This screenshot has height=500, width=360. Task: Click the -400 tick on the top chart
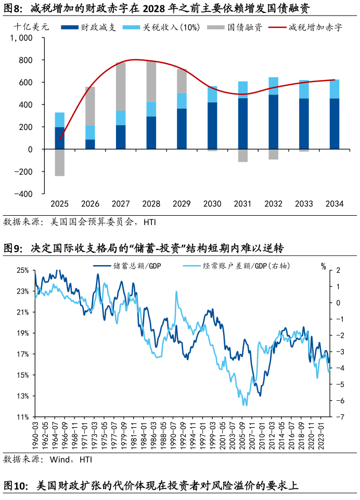pos(23,194)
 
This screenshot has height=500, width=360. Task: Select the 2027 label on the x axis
pos(121,204)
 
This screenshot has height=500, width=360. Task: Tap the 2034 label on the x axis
pos(334,204)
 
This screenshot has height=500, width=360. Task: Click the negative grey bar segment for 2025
pos(60,163)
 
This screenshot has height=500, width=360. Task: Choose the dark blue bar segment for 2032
pos(273,122)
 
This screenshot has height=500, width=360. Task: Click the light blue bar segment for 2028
pos(151,109)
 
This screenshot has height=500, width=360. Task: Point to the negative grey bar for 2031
pos(243,155)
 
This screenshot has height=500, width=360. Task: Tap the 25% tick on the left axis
pos(22,271)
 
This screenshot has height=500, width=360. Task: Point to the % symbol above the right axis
pos(324,267)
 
